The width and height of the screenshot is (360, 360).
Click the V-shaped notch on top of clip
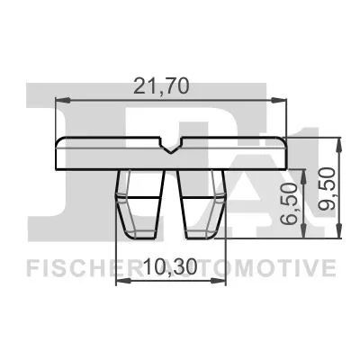click(x=171, y=144)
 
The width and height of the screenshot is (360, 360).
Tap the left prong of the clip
click(x=139, y=205)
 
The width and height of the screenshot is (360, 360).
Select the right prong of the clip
click(x=203, y=205)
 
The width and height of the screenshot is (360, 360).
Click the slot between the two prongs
click(x=171, y=207)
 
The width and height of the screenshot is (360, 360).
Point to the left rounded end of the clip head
click(x=59, y=154)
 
